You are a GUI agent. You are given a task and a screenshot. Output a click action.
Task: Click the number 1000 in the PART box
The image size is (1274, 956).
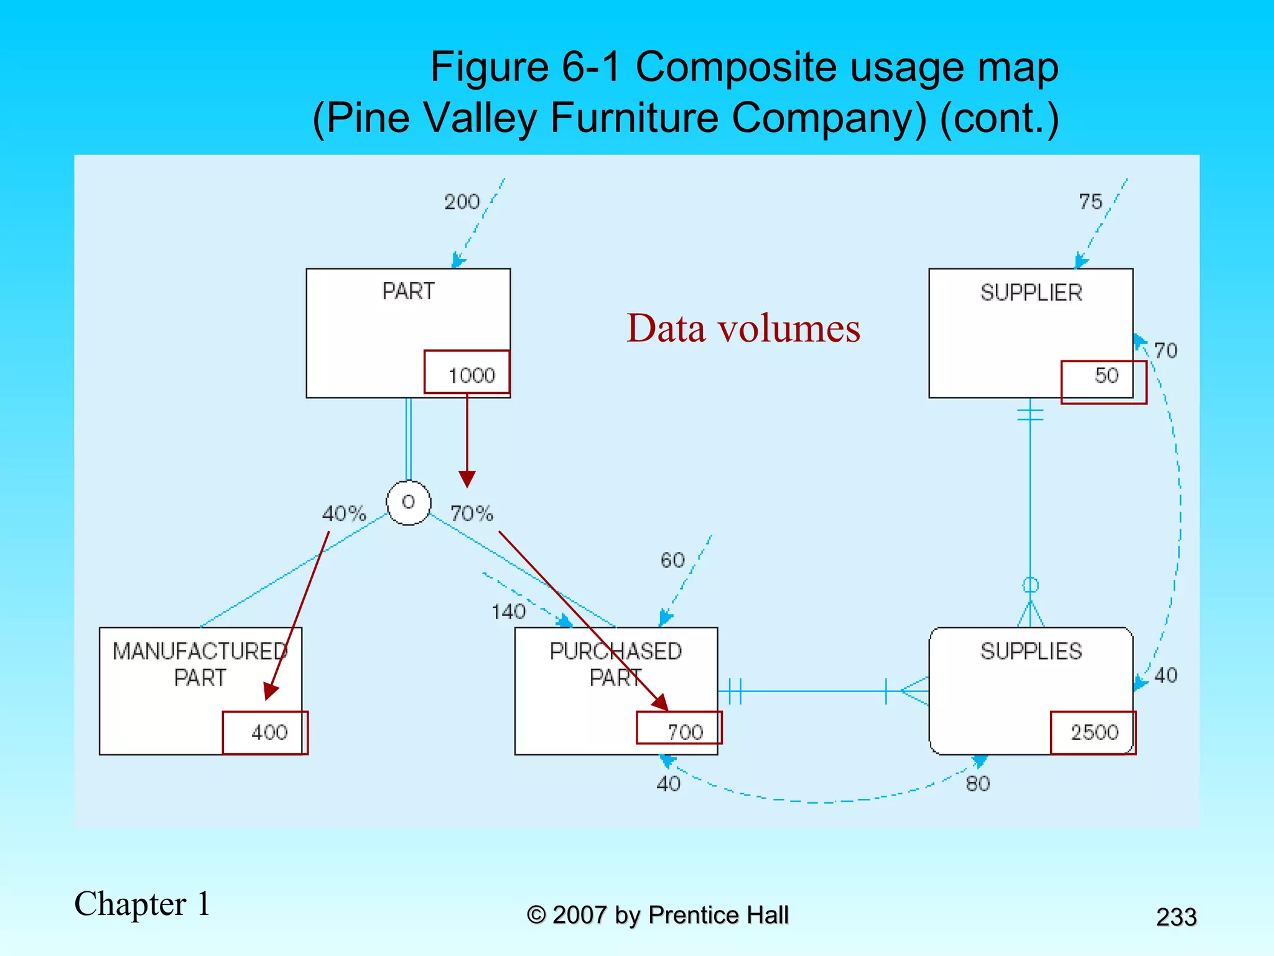coord(472,375)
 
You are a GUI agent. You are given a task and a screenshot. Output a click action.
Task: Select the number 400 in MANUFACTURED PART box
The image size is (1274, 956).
coord(269,732)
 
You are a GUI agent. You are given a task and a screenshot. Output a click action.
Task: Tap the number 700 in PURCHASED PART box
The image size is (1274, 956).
coord(685,732)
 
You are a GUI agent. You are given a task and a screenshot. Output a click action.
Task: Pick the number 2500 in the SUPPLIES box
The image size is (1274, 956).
coord(1094,732)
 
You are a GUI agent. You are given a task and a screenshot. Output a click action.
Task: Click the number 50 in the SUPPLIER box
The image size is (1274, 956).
coord(1106,375)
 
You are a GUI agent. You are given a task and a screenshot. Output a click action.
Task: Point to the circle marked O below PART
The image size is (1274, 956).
coord(408,502)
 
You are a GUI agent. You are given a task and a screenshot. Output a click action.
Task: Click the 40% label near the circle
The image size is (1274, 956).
coord(343,513)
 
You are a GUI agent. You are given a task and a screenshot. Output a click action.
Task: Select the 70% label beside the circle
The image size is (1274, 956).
coord(472,513)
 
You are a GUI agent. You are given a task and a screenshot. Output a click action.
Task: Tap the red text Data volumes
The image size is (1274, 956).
coord(743,328)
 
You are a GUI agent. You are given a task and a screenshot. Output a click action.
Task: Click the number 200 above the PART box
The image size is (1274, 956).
coord(462,202)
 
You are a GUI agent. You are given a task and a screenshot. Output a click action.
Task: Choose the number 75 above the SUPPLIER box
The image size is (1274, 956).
coord(1090,202)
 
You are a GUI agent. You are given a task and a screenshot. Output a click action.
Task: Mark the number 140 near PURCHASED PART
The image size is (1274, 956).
coord(508,612)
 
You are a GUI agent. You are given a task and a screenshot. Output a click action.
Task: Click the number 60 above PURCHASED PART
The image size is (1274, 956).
coord(672,560)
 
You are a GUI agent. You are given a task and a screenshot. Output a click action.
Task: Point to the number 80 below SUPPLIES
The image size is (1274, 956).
coord(977,784)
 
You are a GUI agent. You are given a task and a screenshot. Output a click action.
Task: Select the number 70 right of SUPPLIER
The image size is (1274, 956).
coord(1165,350)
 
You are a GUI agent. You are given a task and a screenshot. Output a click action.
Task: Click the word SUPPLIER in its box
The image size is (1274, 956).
coord(1031,293)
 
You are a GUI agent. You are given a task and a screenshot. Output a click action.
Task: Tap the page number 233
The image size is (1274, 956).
coord(1176,917)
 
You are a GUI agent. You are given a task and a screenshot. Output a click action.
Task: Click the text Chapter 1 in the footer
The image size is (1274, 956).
coord(142,904)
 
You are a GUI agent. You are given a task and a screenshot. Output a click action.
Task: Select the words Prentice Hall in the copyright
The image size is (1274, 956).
coord(718,915)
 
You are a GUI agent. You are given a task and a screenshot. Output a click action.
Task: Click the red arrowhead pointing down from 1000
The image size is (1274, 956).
coord(467,480)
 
